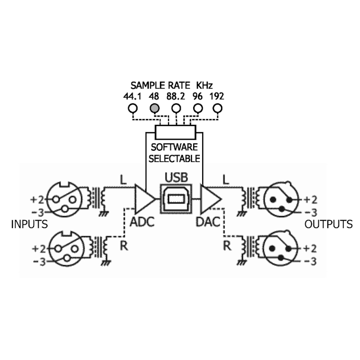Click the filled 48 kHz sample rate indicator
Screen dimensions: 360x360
[x=154, y=108]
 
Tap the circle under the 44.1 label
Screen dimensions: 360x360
[x=132, y=108]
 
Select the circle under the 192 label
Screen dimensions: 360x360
[x=217, y=108]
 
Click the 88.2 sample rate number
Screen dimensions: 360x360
[x=175, y=96]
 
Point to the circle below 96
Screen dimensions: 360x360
[x=198, y=108]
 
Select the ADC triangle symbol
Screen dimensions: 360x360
[x=143, y=199]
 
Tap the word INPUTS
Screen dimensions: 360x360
[x=29, y=224]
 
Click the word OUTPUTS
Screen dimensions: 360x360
[x=328, y=224]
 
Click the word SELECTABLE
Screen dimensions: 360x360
[x=174, y=159]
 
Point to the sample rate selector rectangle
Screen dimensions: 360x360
[x=175, y=132]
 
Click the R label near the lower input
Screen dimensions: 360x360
[x=124, y=246]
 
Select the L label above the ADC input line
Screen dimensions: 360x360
[x=123, y=180]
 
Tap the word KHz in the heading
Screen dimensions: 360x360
[x=204, y=85]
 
